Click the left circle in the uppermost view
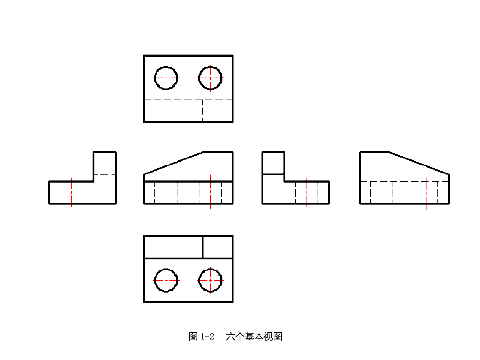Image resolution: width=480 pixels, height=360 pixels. [166, 77]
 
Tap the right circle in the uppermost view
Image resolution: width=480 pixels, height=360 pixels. [210, 77]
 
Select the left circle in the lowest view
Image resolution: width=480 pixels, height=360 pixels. [166, 280]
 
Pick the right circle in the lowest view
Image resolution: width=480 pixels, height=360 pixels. [210, 280]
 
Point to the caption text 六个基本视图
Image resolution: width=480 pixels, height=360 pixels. [254, 337]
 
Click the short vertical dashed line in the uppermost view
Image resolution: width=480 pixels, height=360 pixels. [202, 111]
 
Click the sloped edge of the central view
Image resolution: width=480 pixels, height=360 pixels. [173, 163]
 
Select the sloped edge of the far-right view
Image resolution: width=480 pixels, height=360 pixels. [420, 163]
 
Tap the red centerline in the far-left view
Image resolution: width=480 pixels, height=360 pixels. [71, 192]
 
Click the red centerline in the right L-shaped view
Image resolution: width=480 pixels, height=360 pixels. [307, 192]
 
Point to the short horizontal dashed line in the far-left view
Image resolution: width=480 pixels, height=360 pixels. [105, 174]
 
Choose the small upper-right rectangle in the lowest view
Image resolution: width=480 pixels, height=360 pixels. [218, 247]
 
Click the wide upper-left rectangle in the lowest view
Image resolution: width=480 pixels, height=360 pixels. [173, 247]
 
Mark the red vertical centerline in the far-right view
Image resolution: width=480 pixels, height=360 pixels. [427, 193]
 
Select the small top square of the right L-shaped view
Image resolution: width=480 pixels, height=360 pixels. [273, 163]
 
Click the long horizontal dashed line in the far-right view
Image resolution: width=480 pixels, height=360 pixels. [404, 181]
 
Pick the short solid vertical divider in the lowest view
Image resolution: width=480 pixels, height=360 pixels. [202, 247]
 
